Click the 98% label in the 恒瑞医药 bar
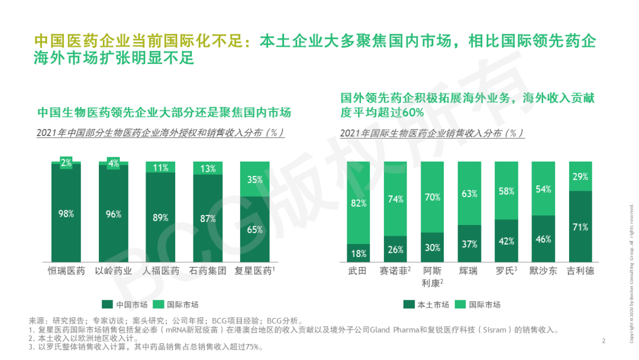pos(66,214)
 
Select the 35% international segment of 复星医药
pos(255,179)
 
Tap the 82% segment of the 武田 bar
pos(359,203)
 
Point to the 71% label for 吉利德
pos(580,227)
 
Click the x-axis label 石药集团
pos(207,271)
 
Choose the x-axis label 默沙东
pos(543,271)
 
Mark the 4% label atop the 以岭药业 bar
pos(113,163)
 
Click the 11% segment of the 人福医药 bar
pos(160,168)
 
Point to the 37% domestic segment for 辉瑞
pos(469,244)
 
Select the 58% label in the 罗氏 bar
pos(506,191)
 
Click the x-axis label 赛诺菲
pos(395,271)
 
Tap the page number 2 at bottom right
pos(603,340)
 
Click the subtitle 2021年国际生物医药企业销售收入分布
pos(432,133)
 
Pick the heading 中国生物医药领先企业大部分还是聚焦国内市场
pos(164,112)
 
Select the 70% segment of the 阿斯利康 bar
pos(433,197)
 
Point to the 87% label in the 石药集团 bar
pos(208,218)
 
